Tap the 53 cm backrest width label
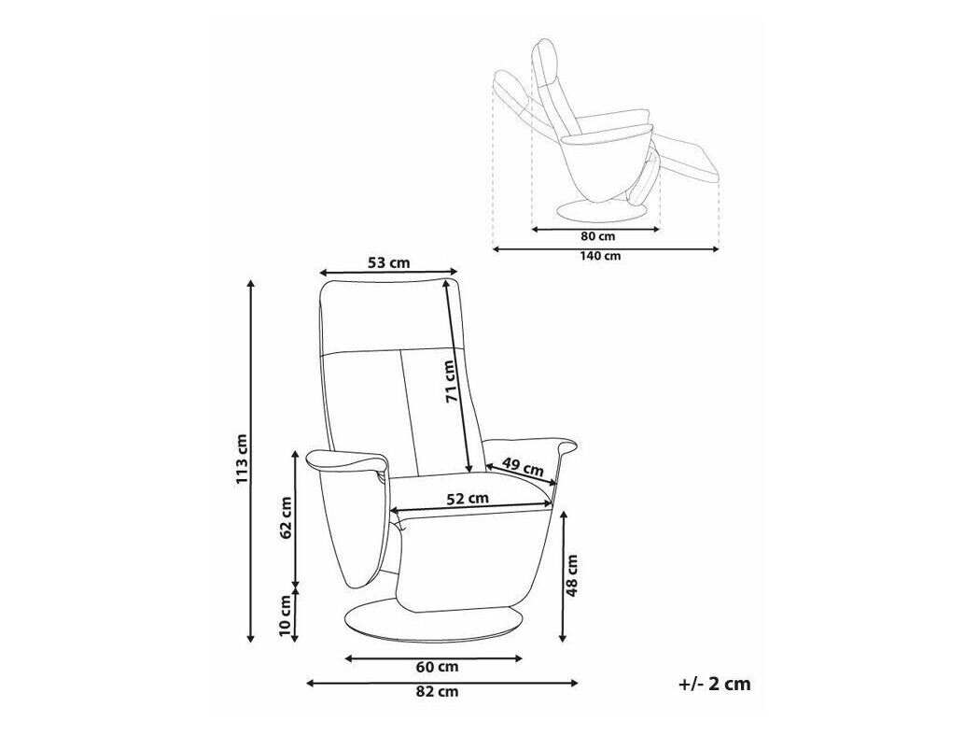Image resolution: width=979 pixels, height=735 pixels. [x=388, y=262]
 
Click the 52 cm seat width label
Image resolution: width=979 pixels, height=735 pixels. [x=468, y=499]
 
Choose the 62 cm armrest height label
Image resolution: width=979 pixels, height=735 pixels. [x=285, y=517]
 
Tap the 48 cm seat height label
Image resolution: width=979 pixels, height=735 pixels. [x=572, y=574]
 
